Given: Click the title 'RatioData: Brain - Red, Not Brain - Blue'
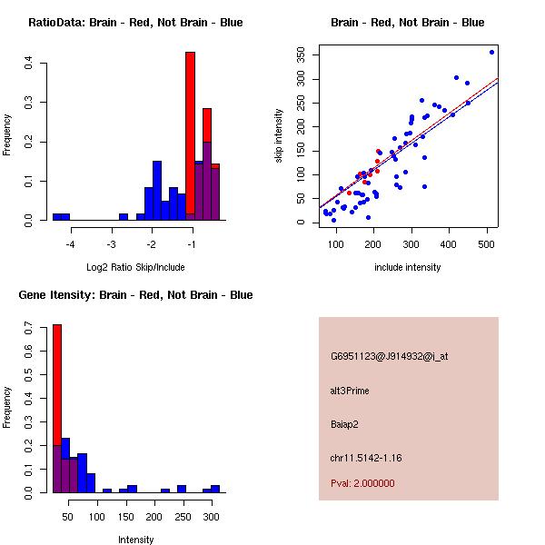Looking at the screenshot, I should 135,23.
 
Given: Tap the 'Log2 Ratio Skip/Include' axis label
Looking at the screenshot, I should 135,267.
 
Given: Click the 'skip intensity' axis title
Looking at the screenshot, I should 279,136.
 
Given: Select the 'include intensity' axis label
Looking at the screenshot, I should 408,267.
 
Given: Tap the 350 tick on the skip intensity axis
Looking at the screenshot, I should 302,55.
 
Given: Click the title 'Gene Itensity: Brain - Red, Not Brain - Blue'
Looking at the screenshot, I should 135,295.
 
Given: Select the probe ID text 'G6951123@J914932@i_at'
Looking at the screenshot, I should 389,356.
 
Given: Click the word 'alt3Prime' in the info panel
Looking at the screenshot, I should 350,391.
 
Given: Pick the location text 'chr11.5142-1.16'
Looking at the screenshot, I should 365,457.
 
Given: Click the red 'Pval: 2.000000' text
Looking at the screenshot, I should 362,483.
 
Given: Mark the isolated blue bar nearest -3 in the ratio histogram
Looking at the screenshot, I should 124,217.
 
